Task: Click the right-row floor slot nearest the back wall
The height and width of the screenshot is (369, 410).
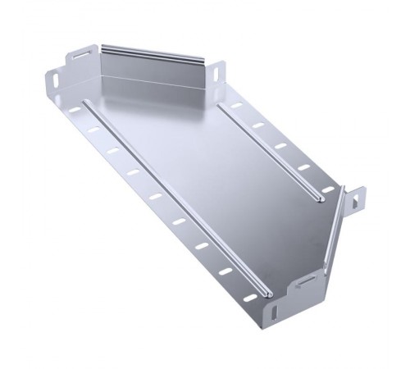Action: pos(237,106)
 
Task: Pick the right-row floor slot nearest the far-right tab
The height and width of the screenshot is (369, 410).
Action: pos(327,189)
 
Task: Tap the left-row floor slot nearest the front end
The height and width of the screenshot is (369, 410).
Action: pos(226,271)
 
